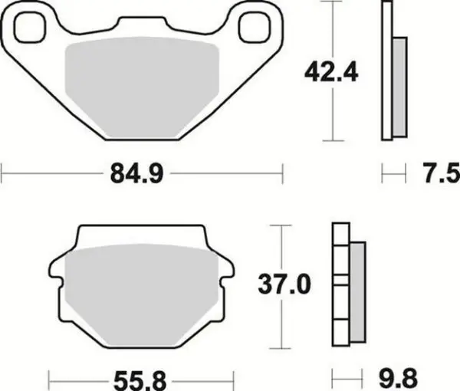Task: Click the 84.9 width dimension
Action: coord(136,174)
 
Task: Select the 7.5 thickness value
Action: coord(441,173)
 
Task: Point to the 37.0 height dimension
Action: coord(284,284)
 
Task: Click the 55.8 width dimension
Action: coord(140,381)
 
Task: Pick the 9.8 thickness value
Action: coord(398,379)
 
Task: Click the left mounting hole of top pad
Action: coord(30,28)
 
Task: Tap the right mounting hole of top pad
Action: coord(255,28)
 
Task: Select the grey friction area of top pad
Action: coord(142,87)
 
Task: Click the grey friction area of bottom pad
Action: coord(141,295)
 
